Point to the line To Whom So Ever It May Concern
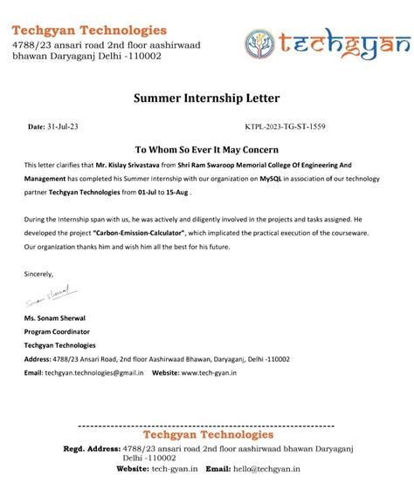point(207,149)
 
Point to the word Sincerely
point(39,274)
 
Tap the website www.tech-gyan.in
point(214,372)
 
